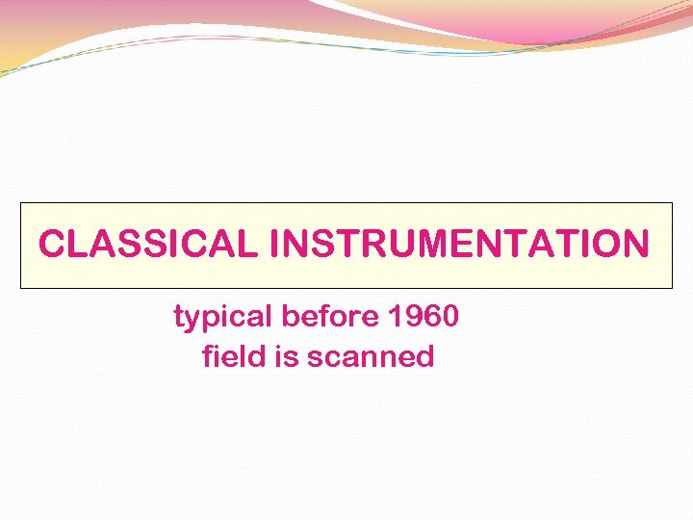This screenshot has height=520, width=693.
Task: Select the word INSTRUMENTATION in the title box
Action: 460,245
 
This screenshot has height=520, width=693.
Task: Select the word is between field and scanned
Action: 287,356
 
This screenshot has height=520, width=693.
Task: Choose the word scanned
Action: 371,357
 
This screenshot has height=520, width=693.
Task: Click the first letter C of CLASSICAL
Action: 51,245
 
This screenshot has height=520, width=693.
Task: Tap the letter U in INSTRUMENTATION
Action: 385,245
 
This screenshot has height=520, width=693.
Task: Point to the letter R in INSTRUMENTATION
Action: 358,245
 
